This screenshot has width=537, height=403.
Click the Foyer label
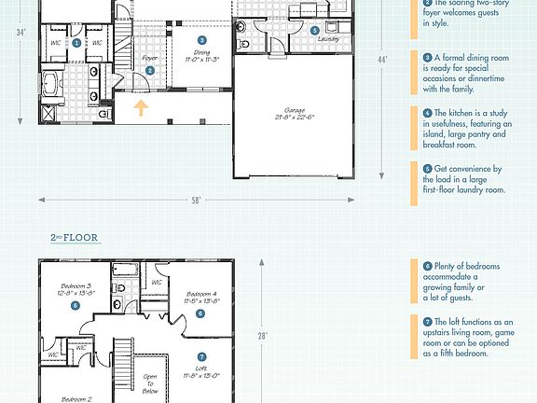149,58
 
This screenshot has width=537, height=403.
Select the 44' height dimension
382,61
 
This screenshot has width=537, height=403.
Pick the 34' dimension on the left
21,33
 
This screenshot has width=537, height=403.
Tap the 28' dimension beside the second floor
264,336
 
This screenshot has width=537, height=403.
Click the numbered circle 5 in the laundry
315,30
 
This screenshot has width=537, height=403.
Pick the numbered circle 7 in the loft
201,355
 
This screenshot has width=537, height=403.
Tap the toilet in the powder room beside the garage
244,43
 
